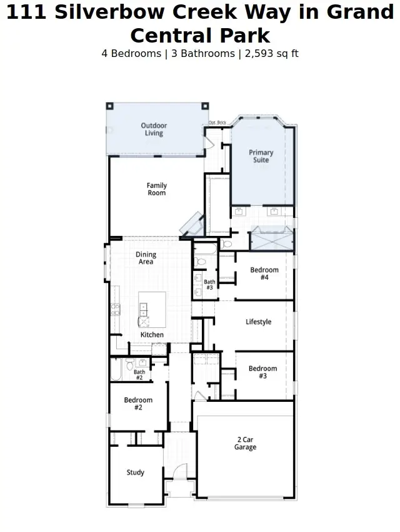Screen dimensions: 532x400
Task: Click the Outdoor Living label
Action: [x=154, y=130]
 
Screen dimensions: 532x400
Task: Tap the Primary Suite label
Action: [x=261, y=156]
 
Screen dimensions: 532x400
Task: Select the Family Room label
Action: [x=156, y=189]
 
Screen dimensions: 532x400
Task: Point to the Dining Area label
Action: [x=146, y=258]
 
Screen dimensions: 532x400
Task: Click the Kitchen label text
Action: [x=152, y=335]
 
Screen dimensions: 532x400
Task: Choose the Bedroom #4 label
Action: [x=264, y=274]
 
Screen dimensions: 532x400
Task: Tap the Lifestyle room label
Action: [x=258, y=322]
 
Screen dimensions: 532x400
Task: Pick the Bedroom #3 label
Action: [x=262, y=372]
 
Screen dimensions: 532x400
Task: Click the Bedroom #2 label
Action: [x=138, y=404]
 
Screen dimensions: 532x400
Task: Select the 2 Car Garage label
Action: [x=245, y=443]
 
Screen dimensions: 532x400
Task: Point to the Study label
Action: [x=136, y=473]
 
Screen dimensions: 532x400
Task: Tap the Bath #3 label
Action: [x=209, y=285]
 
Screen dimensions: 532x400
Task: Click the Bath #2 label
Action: [x=139, y=375]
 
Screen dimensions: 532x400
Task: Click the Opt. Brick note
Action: [x=217, y=122]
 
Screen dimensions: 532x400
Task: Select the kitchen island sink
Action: [x=144, y=308]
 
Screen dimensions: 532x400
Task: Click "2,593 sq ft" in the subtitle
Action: [x=270, y=54]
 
